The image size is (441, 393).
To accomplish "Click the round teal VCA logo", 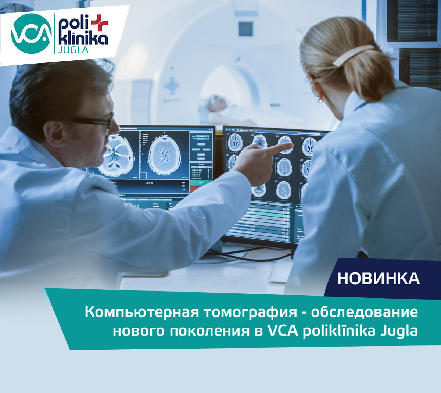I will tap(31, 33).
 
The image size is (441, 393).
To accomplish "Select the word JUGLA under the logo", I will tap(73, 50).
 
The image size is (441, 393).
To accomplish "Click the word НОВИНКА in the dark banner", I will tap(379, 278).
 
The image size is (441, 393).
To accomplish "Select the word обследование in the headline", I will tap(364, 312).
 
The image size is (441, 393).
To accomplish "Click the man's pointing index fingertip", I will tap(291, 146).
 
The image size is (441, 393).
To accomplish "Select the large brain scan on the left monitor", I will tap(165, 153).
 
